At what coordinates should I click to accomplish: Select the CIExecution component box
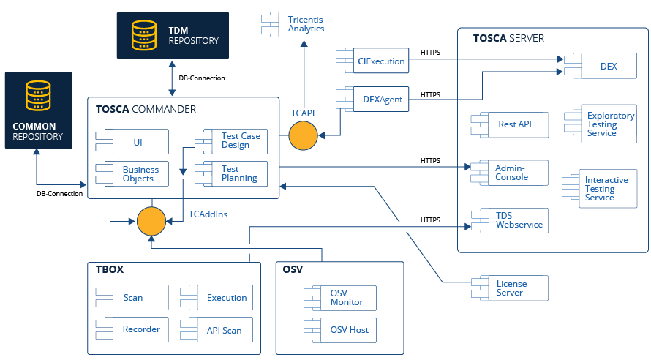click(375, 61)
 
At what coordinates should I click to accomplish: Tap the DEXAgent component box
click(375, 99)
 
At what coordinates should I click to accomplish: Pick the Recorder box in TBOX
click(136, 329)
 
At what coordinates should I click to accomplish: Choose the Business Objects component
click(136, 173)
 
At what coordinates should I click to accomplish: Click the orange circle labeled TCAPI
click(303, 136)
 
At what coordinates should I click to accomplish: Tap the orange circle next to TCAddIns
click(151, 221)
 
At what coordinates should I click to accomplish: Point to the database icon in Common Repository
click(38, 96)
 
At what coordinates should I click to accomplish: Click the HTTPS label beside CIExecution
click(431, 53)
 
